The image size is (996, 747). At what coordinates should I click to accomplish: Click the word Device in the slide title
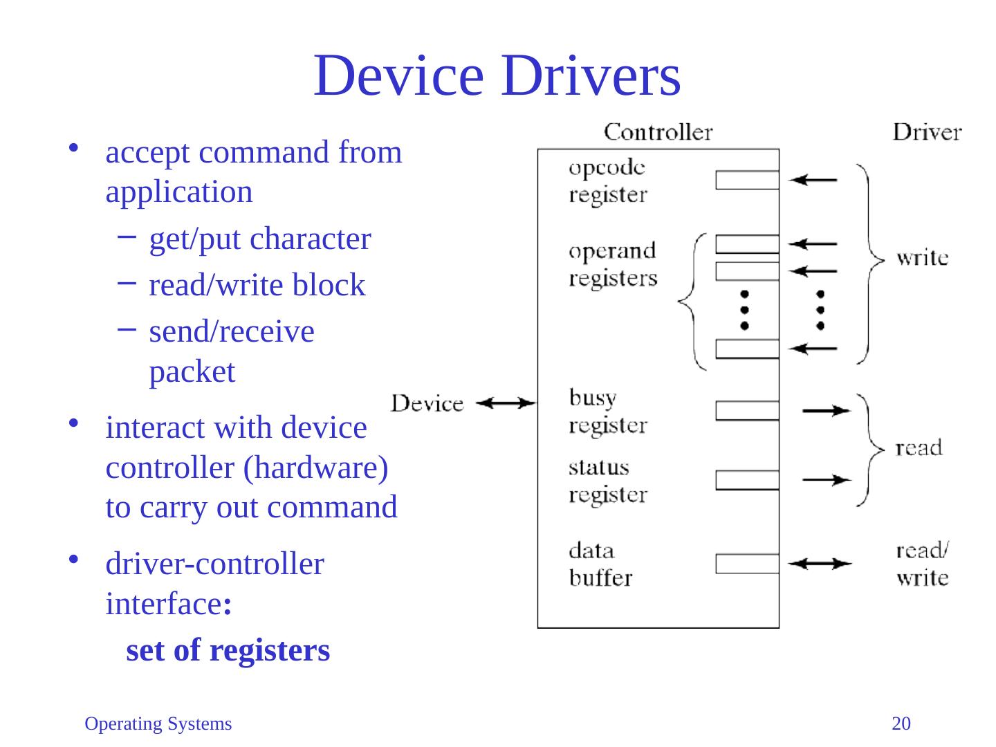398,76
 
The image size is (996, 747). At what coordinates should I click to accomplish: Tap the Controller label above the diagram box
658,131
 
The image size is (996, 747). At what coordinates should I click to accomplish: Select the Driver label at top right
927,131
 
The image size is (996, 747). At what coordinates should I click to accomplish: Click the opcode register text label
608,181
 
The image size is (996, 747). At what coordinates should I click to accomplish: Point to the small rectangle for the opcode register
747,180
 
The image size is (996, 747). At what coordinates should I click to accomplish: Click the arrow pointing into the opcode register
813,180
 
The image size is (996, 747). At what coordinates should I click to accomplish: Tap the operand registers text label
613,264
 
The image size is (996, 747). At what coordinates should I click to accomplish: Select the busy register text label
608,411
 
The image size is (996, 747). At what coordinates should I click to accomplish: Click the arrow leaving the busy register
827,411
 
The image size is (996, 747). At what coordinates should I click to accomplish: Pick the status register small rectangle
747,480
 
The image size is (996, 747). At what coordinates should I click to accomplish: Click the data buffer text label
600,564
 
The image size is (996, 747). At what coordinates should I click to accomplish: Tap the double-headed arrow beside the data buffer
820,564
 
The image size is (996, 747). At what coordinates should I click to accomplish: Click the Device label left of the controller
427,403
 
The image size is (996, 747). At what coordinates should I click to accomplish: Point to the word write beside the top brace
922,258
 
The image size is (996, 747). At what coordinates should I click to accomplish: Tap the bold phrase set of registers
228,650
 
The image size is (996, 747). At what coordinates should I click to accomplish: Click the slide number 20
901,724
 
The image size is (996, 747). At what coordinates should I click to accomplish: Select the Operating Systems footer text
158,724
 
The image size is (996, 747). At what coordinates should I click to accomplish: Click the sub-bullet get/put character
260,239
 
